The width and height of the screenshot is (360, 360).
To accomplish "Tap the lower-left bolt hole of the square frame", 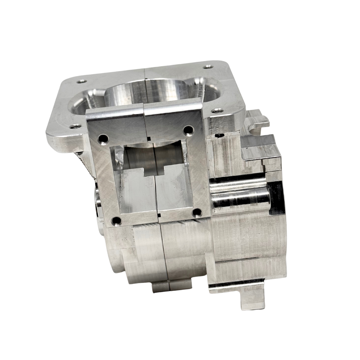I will click(x=116, y=220).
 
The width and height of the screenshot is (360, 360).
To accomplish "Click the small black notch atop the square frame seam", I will click(x=148, y=137).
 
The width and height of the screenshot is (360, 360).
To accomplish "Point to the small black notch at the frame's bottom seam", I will click(x=158, y=219).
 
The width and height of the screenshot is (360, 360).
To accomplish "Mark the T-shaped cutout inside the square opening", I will click(x=154, y=170).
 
